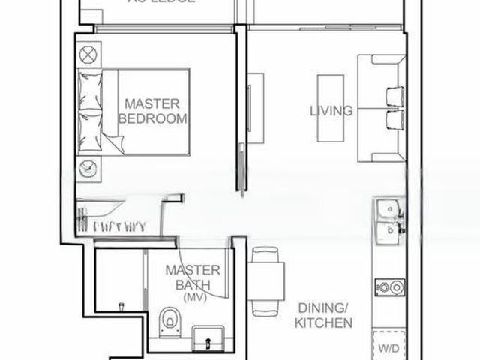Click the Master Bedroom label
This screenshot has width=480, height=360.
pos(152,111)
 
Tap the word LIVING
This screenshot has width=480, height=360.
pos(331,111)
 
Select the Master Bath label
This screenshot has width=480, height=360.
pos(193,277)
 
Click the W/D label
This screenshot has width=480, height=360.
pos(388,348)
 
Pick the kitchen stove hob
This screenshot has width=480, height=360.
pos(389,286)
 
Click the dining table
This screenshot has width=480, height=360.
pos(267,280)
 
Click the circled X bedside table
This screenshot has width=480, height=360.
pos(88,54)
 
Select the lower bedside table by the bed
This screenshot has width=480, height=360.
pos(88,167)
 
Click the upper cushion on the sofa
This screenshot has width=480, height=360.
pos(394,96)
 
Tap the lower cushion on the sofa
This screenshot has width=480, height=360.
pos(394,120)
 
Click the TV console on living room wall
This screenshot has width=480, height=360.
pos(256,107)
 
